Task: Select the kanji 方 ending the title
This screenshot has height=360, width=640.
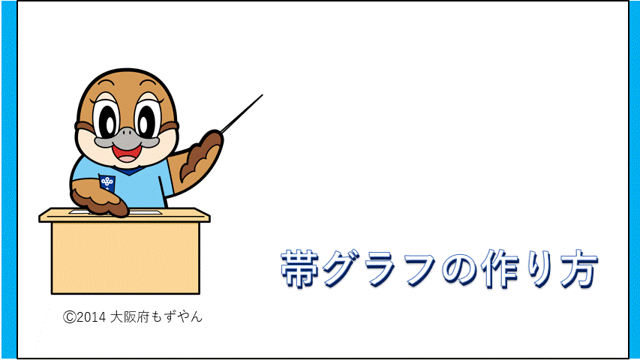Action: (578, 268)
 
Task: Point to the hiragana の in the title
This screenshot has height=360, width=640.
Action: (459, 269)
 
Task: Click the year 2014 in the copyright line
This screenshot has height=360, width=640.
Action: (92, 317)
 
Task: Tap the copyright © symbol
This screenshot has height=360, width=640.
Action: (69, 317)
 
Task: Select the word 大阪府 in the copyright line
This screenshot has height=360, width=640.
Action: (130, 316)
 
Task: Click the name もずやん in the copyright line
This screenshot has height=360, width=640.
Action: (176, 316)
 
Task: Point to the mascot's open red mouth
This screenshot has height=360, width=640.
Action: (128, 153)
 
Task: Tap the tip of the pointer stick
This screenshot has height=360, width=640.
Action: (262, 95)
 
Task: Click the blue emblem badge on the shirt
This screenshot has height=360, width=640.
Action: (107, 182)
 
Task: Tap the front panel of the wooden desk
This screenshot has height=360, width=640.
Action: (126, 257)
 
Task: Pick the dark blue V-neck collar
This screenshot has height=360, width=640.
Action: (128, 169)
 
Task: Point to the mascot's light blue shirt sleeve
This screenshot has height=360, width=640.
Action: (164, 179)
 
